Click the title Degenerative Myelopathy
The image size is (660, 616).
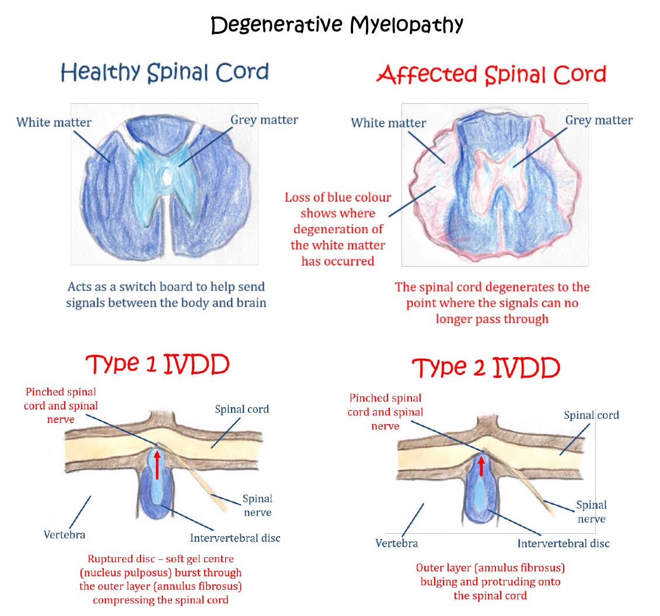[x=337, y=25]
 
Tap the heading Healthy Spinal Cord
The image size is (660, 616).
[x=165, y=72]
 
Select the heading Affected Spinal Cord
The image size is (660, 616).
[x=491, y=75]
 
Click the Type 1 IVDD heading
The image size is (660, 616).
[x=158, y=364]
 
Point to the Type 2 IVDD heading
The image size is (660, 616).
[x=486, y=367]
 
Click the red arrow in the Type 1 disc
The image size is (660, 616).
[x=158, y=464]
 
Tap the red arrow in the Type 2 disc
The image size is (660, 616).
[x=481, y=466]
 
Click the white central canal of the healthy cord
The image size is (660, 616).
[x=167, y=177]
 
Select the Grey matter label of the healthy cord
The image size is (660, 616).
[x=264, y=120]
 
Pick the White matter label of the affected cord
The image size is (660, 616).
[x=389, y=123]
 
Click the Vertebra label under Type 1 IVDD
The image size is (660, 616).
[x=64, y=535]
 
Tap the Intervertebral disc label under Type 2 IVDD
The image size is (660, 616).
[x=563, y=544]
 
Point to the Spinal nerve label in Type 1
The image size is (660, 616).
[x=257, y=505]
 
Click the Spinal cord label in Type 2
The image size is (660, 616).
[x=591, y=415]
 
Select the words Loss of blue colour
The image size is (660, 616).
[x=338, y=197]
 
